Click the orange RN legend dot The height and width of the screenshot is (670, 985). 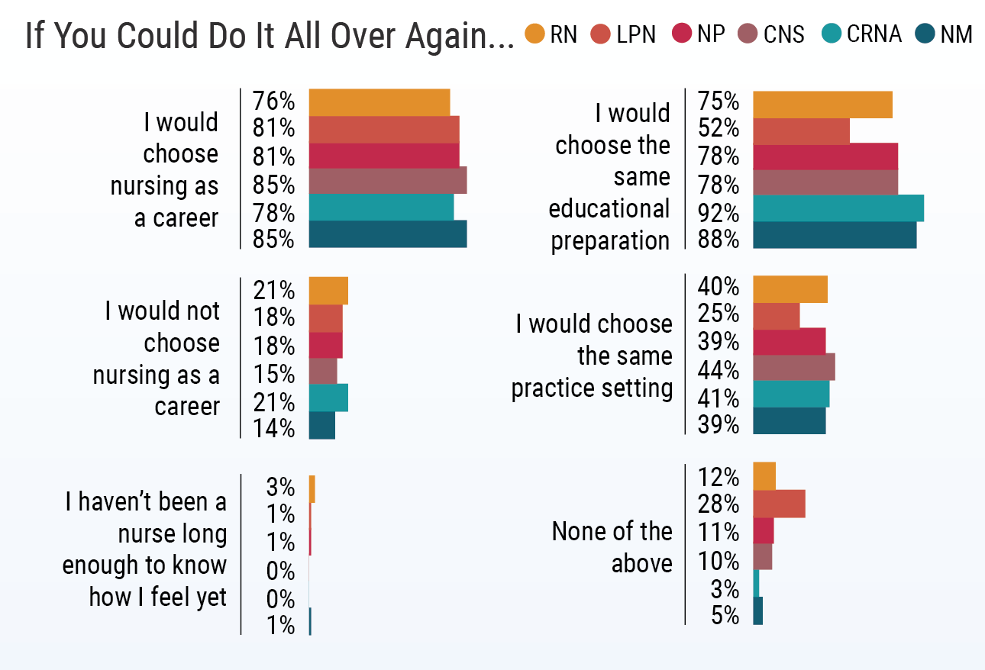pos(535,34)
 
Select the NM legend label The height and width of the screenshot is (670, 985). pos(956,34)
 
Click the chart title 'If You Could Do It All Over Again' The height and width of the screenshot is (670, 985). pos(269,35)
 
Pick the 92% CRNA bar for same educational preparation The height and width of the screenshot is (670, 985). pos(838,208)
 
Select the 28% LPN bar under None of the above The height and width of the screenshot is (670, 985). pos(779,504)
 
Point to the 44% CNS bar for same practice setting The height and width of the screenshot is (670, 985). pos(793,367)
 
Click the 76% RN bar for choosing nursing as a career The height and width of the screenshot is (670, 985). pos(379,102)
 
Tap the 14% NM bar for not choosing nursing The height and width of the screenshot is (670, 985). pos(321,426)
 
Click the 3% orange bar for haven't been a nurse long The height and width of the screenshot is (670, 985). pos(312,488)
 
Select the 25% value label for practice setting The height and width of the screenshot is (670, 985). pos(719,314)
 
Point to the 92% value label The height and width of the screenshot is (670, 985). pos(719,211)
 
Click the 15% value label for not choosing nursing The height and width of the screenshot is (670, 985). pos(273,374)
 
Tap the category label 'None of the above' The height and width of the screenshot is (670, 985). pos(612,546)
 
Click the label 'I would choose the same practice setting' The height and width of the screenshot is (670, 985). pos(593,356)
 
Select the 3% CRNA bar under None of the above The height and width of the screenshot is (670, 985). pos(756,583)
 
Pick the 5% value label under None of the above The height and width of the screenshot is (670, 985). pos(725,615)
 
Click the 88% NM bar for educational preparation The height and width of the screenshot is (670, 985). pos(834,235)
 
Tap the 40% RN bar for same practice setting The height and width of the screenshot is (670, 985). pos(790,289)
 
